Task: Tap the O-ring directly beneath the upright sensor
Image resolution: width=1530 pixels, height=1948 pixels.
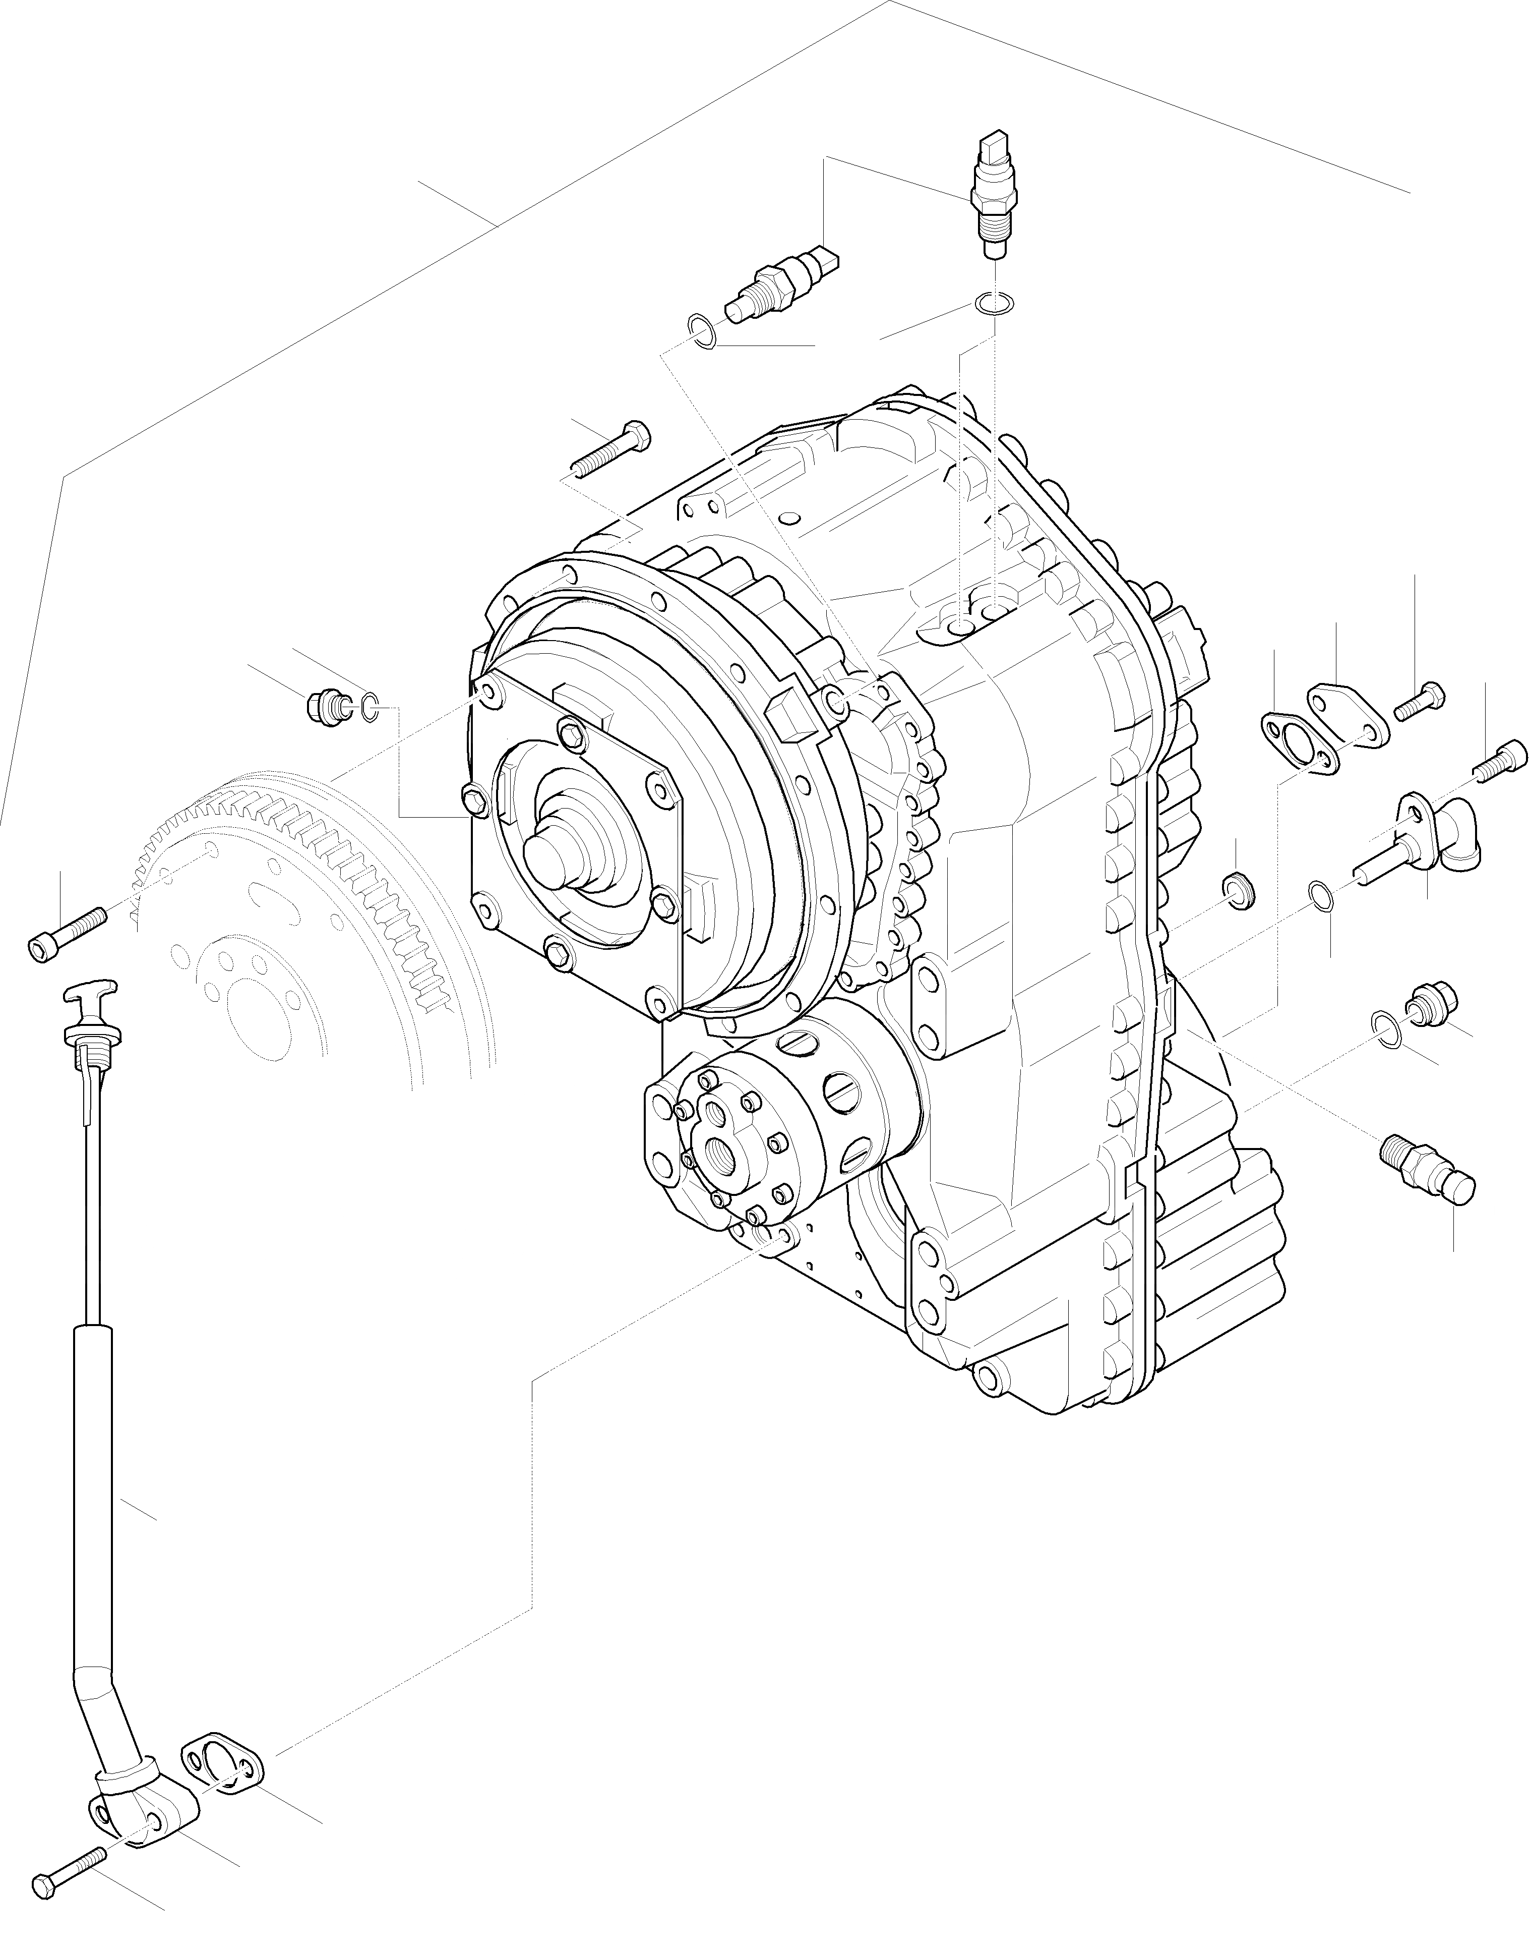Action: click(994, 304)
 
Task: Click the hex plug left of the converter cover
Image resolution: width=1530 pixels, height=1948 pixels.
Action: click(324, 707)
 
